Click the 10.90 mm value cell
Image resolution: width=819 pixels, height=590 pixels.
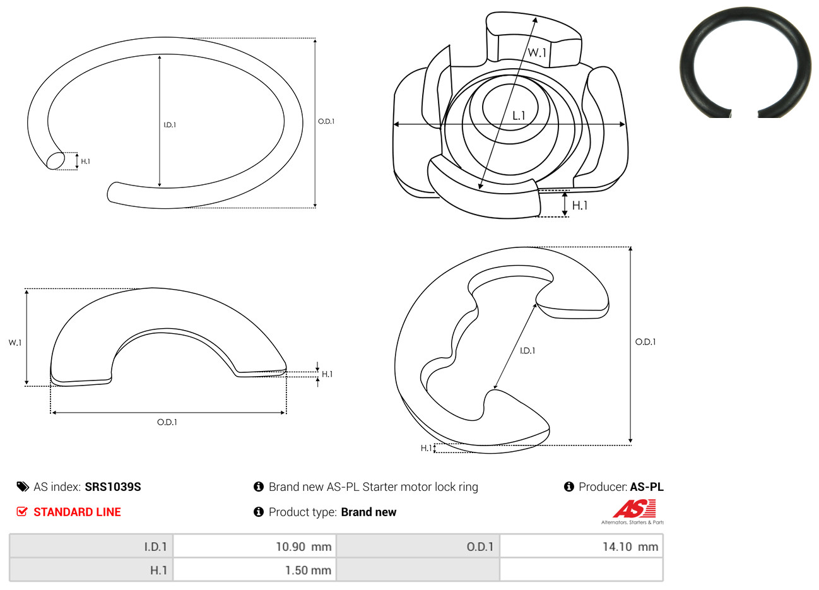coord(255,546)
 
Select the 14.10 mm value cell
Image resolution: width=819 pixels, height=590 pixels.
coord(581,546)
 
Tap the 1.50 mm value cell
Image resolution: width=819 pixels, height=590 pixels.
coord(255,570)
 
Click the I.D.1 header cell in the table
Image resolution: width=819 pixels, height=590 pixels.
coord(91,546)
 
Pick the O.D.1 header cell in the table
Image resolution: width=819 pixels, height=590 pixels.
coord(418,546)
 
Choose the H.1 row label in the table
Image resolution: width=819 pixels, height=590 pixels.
coord(91,570)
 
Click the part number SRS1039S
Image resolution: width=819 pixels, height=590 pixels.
coord(112,487)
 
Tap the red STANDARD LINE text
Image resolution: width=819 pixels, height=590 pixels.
coord(77,512)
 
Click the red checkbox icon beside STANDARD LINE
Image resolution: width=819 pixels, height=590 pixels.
coord(22,511)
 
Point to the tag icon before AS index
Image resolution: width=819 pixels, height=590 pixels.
coord(23,487)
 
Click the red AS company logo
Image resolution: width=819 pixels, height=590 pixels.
coord(634,509)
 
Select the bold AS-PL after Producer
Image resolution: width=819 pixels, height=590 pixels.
coord(646,487)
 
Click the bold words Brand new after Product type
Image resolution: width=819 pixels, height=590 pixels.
coord(368,512)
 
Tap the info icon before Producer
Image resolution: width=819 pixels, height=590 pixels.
coord(569,487)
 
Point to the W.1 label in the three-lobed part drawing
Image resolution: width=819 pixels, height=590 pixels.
coord(537,52)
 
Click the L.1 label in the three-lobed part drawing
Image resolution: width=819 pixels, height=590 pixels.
coord(519,116)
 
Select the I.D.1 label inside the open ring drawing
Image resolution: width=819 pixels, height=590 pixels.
coord(170,125)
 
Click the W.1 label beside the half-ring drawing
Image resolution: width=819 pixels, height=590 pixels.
coord(15,343)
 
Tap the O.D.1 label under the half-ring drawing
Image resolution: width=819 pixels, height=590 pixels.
coord(167,422)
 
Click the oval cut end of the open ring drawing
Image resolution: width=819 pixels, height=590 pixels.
coord(56,160)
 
